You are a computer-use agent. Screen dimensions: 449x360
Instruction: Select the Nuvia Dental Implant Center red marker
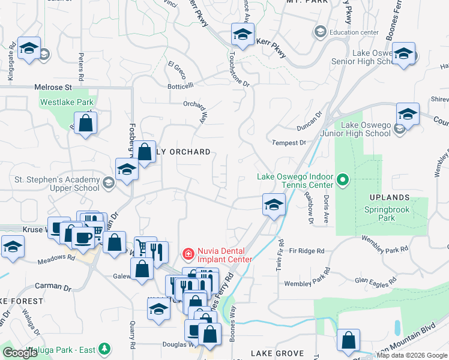click(188, 254)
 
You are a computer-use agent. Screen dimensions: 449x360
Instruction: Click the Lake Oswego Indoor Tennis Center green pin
click(343, 179)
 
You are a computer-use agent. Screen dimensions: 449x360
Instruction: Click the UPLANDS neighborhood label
click(390, 197)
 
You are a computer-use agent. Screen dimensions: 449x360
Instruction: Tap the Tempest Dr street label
click(289, 143)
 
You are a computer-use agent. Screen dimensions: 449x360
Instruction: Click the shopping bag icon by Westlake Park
click(86, 124)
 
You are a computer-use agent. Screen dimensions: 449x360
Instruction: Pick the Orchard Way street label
click(205, 111)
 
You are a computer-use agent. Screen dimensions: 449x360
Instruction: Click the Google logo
click(20, 353)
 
